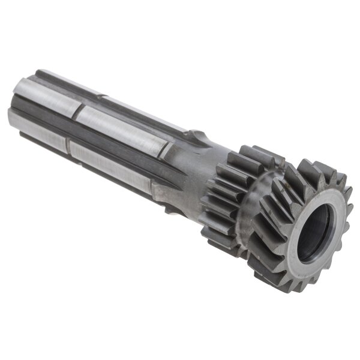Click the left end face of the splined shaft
coord(21,111)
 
